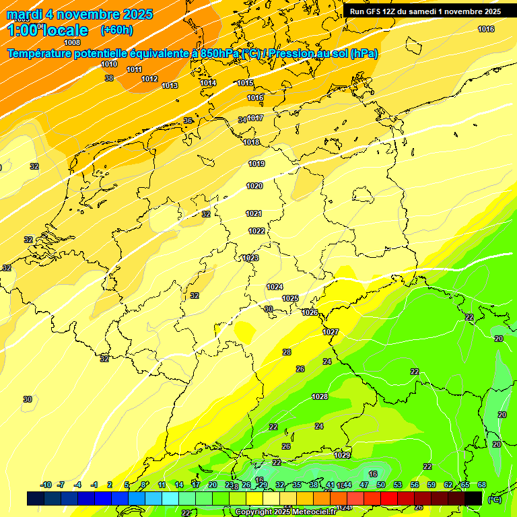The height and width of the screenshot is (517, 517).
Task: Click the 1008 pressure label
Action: (x=72, y=42)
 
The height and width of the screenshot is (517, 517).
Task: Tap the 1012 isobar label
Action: (x=149, y=79)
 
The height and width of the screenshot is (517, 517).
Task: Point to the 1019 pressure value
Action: (x=256, y=164)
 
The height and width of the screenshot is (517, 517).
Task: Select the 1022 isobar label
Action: (x=256, y=231)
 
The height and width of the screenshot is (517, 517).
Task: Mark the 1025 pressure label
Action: (x=290, y=298)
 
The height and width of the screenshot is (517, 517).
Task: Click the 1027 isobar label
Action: (x=331, y=332)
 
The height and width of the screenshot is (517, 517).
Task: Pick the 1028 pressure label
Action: (x=320, y=397)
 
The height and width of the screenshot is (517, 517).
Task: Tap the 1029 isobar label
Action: (x=342, y=455)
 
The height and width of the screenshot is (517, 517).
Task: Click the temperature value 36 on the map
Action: (x=188, y=120)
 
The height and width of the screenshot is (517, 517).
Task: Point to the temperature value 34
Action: (x=242, y=120)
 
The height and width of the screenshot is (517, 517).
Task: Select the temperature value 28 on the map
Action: (x=287, y=352)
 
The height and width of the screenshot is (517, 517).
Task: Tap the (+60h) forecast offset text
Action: (x=116, y=30)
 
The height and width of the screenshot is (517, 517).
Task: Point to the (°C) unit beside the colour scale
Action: (x=493, y=499)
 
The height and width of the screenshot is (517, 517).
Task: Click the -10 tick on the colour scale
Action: (x=46, y=485)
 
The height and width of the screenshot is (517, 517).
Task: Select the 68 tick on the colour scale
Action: (x=482, y=485)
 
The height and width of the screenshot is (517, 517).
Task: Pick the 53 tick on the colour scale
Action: (x=398, y=485)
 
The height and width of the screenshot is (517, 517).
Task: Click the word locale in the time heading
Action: (x=64, y=30)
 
